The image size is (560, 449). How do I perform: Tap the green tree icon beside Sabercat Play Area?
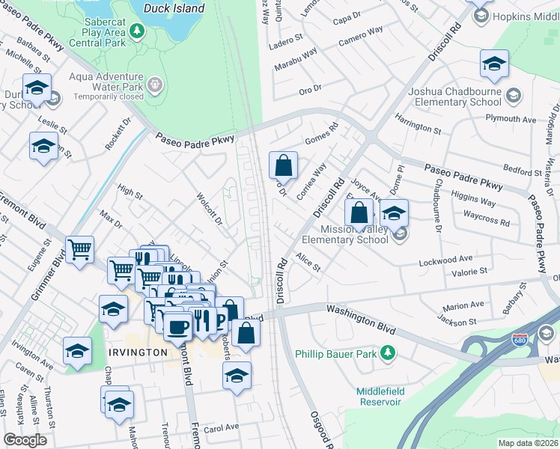coord(136,31)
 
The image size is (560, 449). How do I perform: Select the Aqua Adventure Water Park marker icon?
coord(155,85)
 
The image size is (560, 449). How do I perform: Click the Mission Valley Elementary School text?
coord(345,235)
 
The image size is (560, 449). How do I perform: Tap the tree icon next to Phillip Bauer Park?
coord(387,352)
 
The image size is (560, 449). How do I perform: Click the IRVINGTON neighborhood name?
coord(136,352)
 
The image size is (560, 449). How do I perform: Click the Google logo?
coord(25,440)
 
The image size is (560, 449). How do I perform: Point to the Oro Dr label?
coord(310,88)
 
